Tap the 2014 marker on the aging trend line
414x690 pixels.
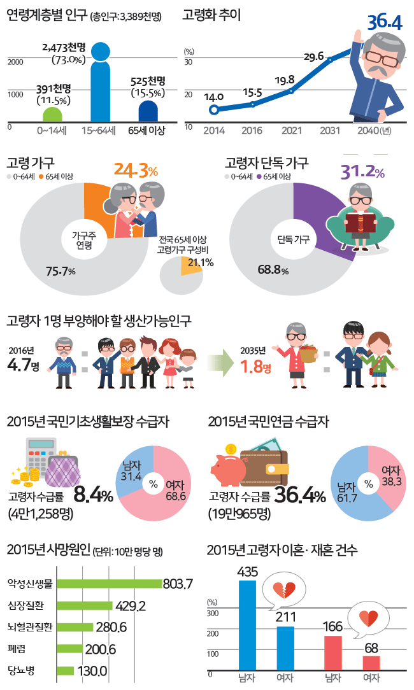click(x=214, y=109)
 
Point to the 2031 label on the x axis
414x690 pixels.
click(x=329, y=130)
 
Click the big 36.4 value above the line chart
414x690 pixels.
click(x=385, y=24)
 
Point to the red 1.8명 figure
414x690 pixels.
click(x=256, y=367)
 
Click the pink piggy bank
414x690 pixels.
click(x=227, y=470)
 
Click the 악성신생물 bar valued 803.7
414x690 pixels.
click(x=109, y=584)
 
